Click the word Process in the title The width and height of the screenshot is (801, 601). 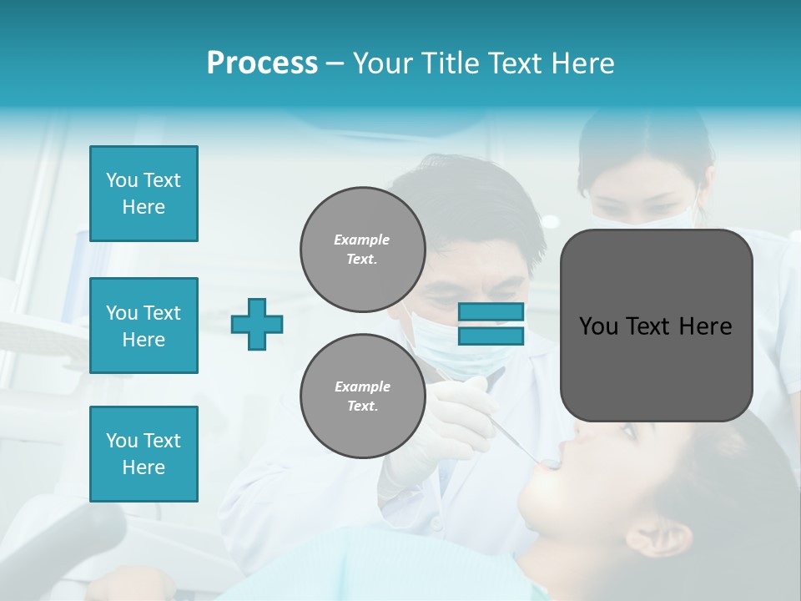(x=262, y=63)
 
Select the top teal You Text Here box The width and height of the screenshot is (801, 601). (x=144, y=194)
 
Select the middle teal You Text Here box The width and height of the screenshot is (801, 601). (x=144, y=326)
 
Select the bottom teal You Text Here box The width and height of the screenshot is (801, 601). (x=144, y=454)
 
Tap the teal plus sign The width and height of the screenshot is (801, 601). (x=257, y=324)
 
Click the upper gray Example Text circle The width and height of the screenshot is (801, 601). (x=363, y=250)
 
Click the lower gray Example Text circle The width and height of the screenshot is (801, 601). (x=363, y=396)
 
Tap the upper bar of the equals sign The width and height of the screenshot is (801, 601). (x=491, y=312)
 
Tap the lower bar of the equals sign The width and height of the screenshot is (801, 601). (x=491, y=336)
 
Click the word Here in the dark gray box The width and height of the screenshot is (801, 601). (x=705, y=326)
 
